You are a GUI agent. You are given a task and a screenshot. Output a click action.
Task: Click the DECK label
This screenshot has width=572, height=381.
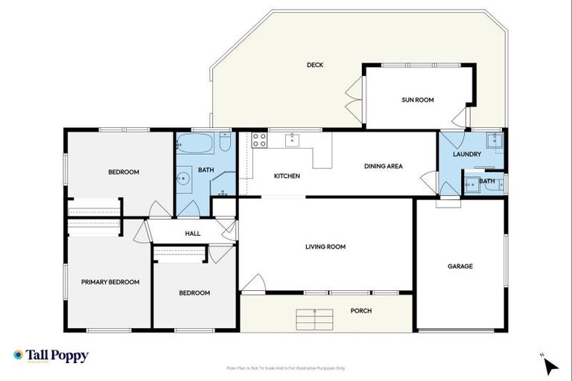pos(315,65)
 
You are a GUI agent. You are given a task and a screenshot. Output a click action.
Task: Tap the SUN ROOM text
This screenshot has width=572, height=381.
pos(418,100)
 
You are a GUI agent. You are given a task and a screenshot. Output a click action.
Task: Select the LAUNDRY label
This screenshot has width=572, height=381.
pos(467,154)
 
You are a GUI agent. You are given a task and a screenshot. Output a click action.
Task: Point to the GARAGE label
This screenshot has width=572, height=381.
pos(460,266)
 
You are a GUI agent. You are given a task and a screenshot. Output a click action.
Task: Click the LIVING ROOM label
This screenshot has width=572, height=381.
pos(325,246)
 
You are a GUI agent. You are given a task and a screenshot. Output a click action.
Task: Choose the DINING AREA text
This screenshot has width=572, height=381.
pos(384,166)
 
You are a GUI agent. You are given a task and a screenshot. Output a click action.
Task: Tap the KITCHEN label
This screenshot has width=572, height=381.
pos(287,176)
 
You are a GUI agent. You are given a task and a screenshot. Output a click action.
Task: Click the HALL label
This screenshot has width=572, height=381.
pos(193,234)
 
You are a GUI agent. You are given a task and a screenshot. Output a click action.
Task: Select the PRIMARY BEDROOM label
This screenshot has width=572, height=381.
pos(110,282)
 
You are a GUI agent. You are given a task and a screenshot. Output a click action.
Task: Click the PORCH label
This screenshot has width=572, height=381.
pos(361,310)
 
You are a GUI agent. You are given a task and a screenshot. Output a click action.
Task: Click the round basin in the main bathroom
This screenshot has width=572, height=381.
pos(183,178)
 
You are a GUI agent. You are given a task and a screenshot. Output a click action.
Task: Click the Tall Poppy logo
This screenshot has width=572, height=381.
pos(51,356)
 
